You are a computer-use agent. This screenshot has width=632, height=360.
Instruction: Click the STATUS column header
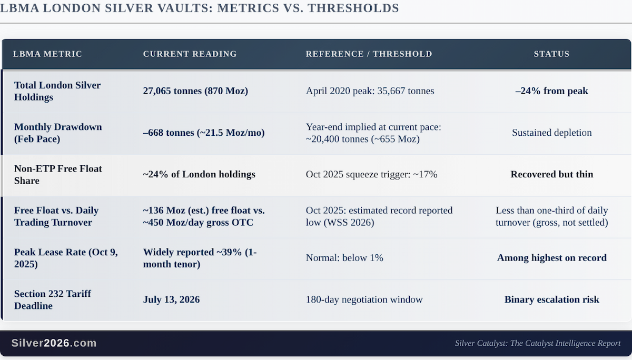551,54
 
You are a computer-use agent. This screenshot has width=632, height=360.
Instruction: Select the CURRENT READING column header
190,54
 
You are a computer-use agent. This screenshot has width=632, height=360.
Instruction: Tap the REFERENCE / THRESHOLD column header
369,54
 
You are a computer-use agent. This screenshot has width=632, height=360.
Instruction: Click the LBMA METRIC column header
47,54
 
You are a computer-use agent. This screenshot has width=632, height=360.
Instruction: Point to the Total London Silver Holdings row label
57,91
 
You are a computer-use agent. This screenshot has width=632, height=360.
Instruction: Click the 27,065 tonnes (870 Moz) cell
195,91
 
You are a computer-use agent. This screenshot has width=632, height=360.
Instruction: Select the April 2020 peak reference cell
370,91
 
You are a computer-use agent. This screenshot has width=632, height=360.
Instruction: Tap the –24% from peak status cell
551,91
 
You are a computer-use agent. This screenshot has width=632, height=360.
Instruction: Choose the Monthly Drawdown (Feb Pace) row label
58,133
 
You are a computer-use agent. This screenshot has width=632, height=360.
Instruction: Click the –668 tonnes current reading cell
204,133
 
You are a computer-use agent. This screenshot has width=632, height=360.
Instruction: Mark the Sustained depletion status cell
551,133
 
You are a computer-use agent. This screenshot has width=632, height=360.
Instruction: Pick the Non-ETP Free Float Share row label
58,175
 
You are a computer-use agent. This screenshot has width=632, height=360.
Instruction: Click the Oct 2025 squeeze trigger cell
372,174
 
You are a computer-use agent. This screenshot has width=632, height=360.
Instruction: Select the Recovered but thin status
551,174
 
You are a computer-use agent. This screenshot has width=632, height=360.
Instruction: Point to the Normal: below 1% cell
344,258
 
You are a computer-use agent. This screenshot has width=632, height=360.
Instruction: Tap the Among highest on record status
551,258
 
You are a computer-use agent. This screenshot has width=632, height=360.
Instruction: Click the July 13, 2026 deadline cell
171,299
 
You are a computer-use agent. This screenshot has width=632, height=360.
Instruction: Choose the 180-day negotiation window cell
364,299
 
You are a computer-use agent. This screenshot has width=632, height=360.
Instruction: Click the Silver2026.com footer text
54,343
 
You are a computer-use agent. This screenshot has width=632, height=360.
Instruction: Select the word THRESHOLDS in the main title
353,8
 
